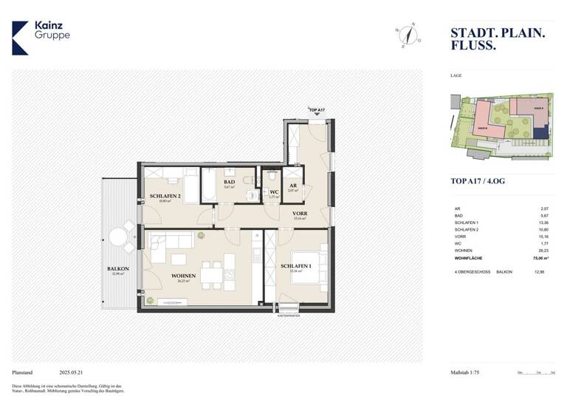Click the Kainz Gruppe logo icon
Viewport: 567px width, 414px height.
click(x=20, y=38)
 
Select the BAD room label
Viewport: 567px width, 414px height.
click(x=229, y=182)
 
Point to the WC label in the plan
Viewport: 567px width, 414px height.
click(x=274, y=191)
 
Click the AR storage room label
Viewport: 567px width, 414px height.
click(x=293, y=186)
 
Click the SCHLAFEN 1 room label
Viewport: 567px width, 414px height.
click(x=296, y=265)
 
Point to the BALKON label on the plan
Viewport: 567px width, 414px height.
click(x=118, y=269)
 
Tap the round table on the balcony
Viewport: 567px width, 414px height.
click(x=118, y=237)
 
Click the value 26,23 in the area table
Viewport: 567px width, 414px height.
click(x=544, y=251)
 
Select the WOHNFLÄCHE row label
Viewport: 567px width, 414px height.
click(x=470, y=259)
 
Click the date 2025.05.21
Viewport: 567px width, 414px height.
click(x=74, y=373)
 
